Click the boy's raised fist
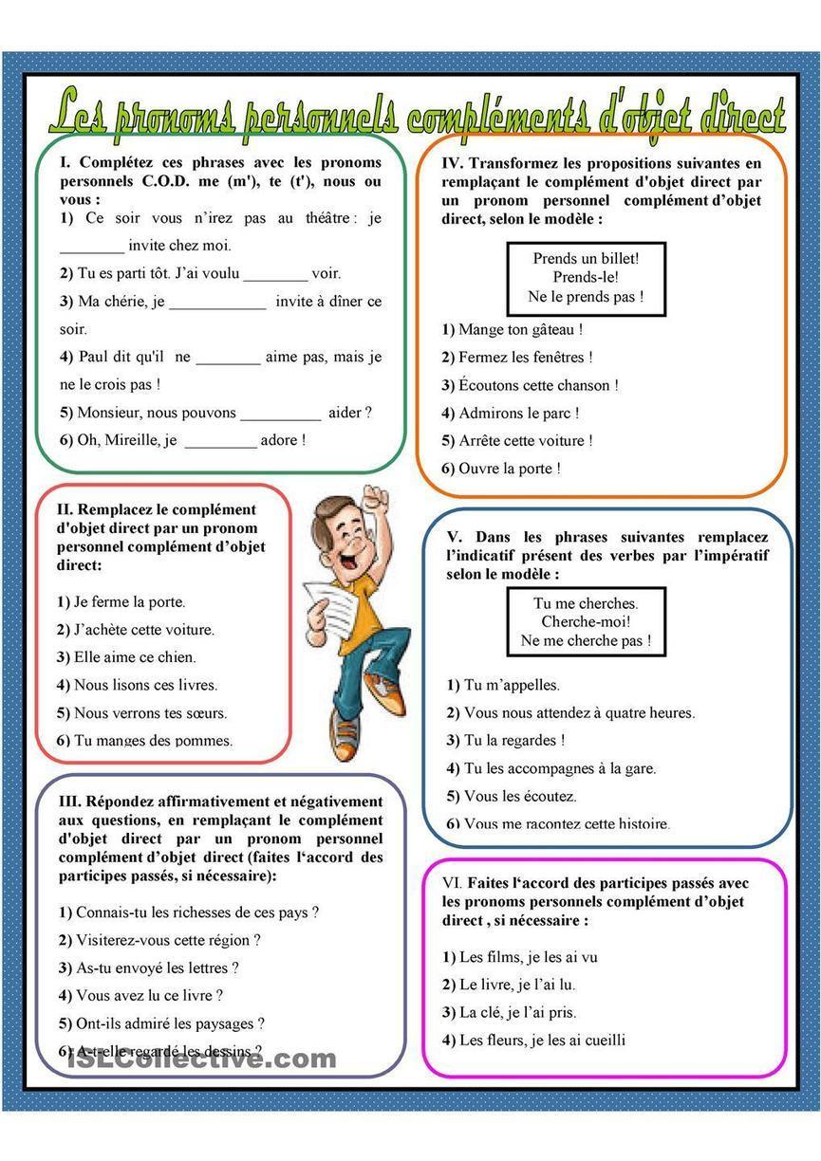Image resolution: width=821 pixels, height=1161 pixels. point(378,500)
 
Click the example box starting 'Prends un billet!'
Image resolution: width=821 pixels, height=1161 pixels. point(586,278)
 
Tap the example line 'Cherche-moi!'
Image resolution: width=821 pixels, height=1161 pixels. point(586,622)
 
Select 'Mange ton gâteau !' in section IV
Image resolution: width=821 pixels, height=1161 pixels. point(520,330)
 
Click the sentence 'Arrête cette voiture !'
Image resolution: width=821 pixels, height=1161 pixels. point(526,441)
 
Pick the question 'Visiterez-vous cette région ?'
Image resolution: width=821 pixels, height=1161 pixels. point(168,941)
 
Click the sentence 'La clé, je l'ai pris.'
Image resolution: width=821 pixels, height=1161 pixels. point(517,1013)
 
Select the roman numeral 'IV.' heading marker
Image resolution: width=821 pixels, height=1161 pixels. point(453,163)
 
